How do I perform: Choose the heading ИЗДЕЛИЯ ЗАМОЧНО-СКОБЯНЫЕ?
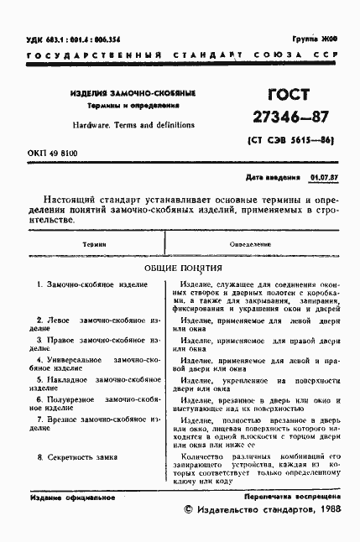(x=122, y=93)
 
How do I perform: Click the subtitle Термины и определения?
(x=122, y=107)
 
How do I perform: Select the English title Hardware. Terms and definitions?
(x=122, y=124)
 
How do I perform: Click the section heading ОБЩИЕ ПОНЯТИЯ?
(x=182, y=268)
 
